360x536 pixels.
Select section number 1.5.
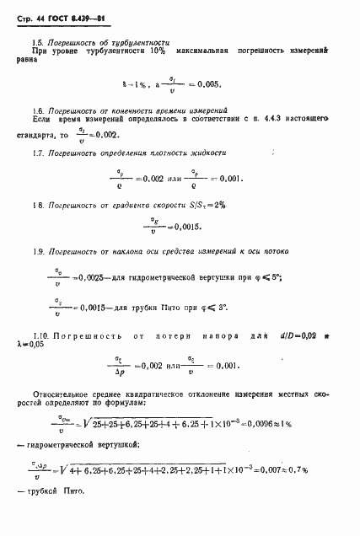click(x=37, y=40)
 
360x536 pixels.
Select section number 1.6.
click(x=37, y=111)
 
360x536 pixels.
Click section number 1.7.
click(x=37, y=153)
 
